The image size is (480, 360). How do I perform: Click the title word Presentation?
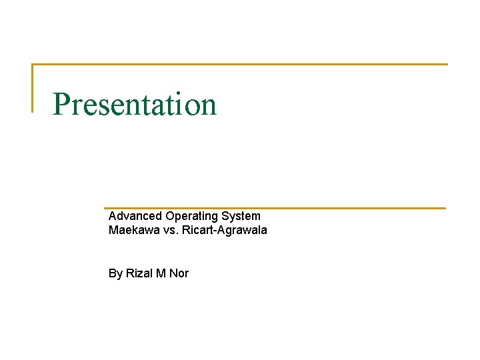pyautogui.click(x=135, y=105)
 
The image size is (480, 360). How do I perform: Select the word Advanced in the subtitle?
pyautogui.click(x=135, y=216)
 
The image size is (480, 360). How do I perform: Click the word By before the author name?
pyautogui.click(x=115, y=273)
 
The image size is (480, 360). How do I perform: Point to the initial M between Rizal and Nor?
pyautogui.click(x=161, y=273)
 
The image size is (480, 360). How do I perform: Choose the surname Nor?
pyautogui.click(x=179, y=273)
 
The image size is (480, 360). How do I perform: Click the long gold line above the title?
pyautogui.click(x=240, y=64)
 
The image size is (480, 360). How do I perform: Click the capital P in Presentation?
pyautogui.click(x=61, y=104)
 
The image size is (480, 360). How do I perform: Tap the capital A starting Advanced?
pyautogui.click(x=113, y=216)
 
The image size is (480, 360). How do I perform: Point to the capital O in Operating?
pyautogui.click(x=170, y=216)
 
